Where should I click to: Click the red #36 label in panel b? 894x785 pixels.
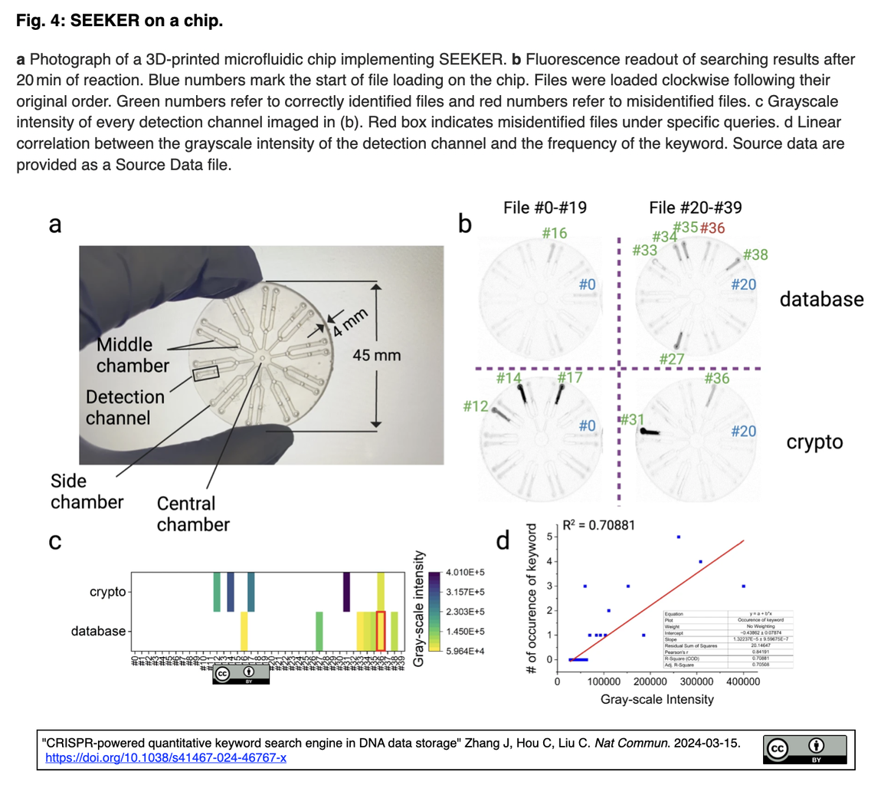[712, 228]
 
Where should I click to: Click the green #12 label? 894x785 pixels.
[477, 406]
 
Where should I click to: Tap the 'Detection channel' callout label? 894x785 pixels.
[124, 408]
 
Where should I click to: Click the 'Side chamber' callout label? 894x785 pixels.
[87, 491]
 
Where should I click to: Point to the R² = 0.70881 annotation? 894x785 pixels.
[598, 526]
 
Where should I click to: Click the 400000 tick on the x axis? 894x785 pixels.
[744, 680]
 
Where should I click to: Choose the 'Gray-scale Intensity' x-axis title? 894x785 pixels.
[657, 699]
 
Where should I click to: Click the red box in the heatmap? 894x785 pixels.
[381, 631]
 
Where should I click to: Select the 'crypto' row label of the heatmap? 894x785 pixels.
[106, 592]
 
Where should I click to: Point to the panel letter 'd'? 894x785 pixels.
[503, 541]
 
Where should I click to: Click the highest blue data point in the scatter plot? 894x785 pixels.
[678, 537]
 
